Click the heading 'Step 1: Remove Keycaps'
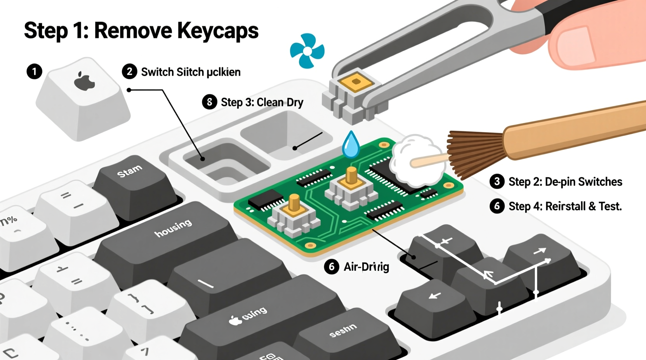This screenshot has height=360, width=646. click(141, 31)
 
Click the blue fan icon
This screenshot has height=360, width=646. click(307, 51)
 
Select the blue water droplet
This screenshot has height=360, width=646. click(351, 145)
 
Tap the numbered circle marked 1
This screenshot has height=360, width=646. click(34, 71)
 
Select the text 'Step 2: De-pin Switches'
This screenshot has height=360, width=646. click(565, 182)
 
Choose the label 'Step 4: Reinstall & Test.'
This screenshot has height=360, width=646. click(565, 206)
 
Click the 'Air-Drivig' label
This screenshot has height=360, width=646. click(366, 267)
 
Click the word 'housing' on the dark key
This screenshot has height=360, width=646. click(173, 228)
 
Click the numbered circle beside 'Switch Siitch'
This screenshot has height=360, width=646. click(129, 72)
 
